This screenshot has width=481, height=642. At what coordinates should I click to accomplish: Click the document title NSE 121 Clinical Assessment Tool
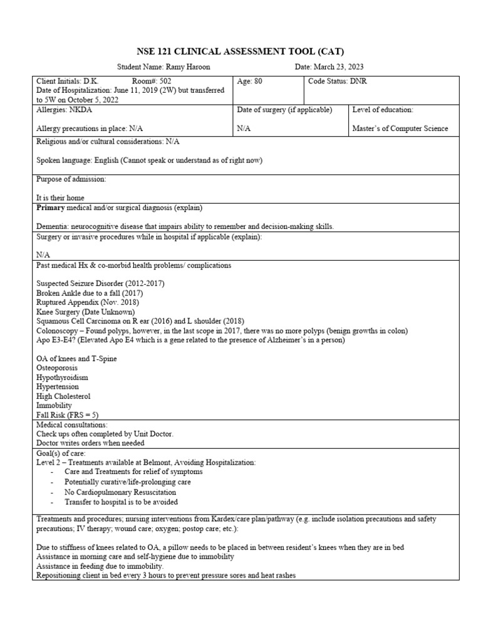pos(240,51)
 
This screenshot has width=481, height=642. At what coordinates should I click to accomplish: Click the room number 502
pos(164,82)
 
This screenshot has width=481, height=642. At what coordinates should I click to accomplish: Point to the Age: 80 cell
pos(249,82)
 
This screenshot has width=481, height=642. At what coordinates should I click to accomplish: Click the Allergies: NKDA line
pos(65,110)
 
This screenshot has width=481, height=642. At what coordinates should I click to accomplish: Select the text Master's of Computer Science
pos(400,129)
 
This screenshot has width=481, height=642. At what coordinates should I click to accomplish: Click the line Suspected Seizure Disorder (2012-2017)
pos(100,283)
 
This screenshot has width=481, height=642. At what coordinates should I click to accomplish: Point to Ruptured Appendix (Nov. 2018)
pos(87,302)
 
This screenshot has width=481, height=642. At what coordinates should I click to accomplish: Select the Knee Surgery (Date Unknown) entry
pos(85,312)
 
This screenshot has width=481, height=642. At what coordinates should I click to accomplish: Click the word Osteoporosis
pos(59,368)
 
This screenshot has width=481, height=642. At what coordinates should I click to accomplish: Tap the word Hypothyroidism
pos(62,377)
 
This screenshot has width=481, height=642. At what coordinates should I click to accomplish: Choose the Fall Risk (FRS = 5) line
pos(67,415)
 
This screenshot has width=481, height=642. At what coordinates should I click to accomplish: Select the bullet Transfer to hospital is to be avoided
pos(121,502)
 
